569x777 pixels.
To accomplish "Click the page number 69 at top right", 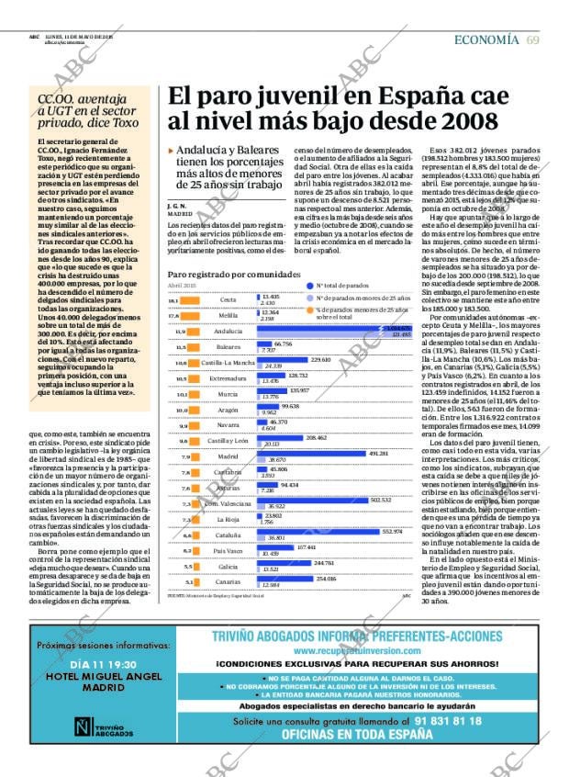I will pyautogui.click(x=532, y=39).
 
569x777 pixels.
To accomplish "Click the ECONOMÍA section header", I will pyautogui.click(x=487, y=39).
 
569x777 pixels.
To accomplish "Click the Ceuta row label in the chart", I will pyautogui.click(x=229, y=300).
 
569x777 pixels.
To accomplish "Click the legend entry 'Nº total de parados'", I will pyautogui.click(x=343, y=286).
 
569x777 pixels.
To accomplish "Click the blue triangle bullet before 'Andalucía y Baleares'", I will pyautogui.click(x=171, y=151).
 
